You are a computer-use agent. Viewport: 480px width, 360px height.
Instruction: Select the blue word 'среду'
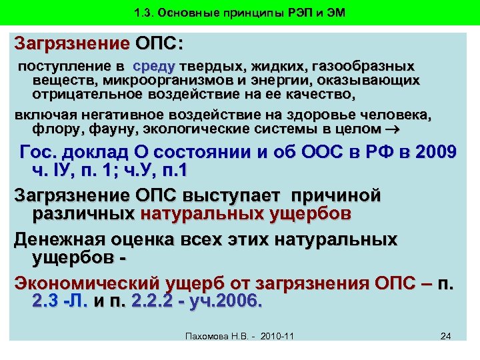[153, 67]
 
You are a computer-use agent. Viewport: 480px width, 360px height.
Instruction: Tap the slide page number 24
[446, 335]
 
